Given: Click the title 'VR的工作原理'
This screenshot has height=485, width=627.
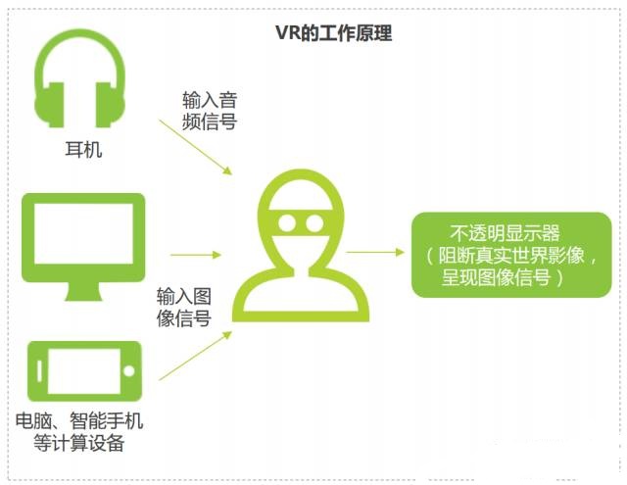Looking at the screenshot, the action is click(333, 33).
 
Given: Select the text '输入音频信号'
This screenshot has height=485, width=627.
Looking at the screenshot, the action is click(209, 112).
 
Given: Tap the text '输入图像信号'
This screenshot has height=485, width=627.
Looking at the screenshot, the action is click(183, 307).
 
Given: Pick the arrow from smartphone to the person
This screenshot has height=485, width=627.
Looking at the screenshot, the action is click(194, 357).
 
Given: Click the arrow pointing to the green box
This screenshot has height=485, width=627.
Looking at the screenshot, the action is click(374, 252).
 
